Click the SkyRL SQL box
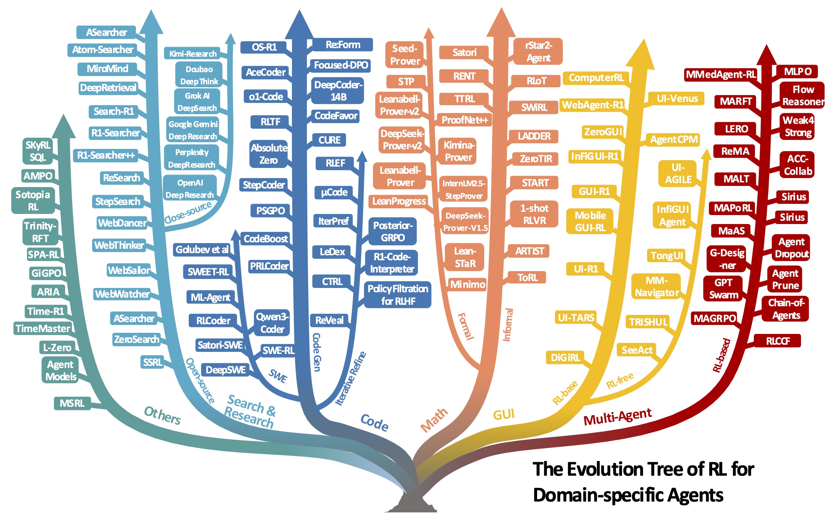click(x=37, y=151)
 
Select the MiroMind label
click(x=107, y=69)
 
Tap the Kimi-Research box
click(x=192, y=54)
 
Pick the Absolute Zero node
click(x=269, y=154)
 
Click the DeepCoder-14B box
click(x=338, y=91)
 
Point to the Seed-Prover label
click(x=405, y=55)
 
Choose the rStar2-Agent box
click(x=538, y=52)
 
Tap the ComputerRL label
click(x=596, y=78)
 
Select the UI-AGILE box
click(x=678, y=174)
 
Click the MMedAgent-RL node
click(x=720, y=75)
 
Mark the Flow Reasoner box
click(x=803, y=96)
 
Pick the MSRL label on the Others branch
click(x=72, y=403)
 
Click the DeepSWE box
click(x=225, y=370)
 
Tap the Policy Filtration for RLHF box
click(x=398, y=295)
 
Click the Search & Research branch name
click(x=249, y=411)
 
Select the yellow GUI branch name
click(x=504, y=415)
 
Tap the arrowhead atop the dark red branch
click(x=767, y=56)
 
